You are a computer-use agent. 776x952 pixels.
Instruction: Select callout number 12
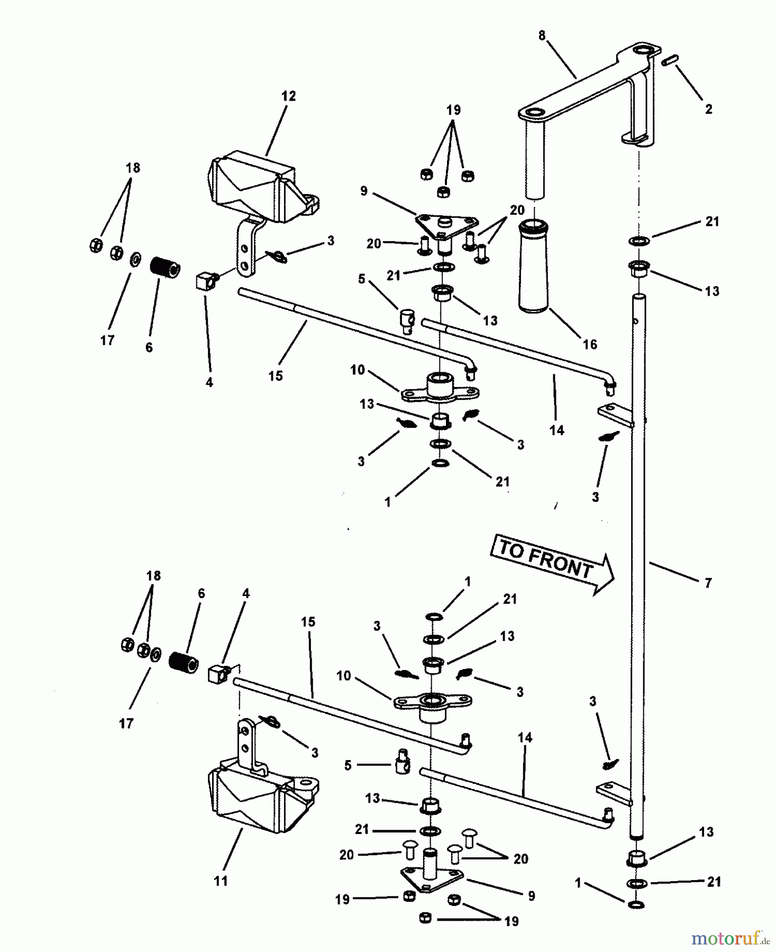click(288, 96)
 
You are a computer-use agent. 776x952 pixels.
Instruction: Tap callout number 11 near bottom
click(221, 881)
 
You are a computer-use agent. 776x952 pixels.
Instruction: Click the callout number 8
click(542, 36)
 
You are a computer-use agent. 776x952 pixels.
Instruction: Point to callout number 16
click(589, 344)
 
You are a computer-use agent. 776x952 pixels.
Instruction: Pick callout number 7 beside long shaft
click(708, 583)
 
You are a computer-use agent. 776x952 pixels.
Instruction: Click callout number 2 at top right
click(709, 109)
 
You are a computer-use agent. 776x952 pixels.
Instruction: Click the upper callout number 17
click(107, 340)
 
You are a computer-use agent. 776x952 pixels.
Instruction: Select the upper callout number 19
click(453, 110)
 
